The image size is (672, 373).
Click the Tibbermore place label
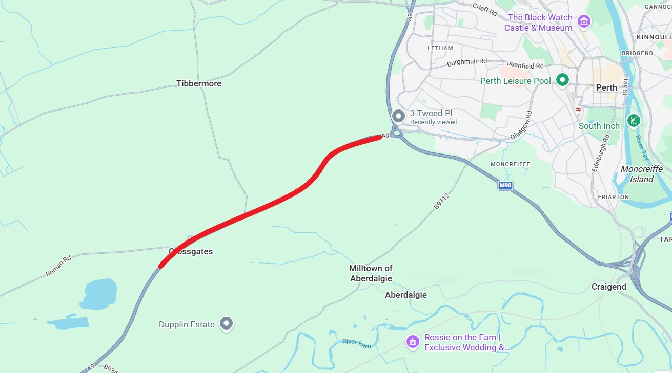point(199,83)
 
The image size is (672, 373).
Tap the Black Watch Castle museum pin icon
point(583,22)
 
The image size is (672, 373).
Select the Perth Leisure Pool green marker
point(563,80)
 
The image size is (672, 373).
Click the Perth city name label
point(606,87)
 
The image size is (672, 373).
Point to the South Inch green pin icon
point(634,121)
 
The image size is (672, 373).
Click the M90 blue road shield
point(505,185)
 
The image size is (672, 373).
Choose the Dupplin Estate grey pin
point(226,323)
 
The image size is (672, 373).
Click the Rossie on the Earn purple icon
point(413,341)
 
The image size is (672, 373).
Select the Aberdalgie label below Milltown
point(405,295)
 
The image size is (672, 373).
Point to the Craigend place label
point(608,287)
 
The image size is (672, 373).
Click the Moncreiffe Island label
point(641,174)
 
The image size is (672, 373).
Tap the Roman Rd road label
point(58,266)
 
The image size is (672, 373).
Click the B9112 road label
point(441,201)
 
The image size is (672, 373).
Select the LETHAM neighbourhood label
point(440,48)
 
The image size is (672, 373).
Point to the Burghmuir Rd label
point(466,62)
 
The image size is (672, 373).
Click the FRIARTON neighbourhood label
point(613,196)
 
